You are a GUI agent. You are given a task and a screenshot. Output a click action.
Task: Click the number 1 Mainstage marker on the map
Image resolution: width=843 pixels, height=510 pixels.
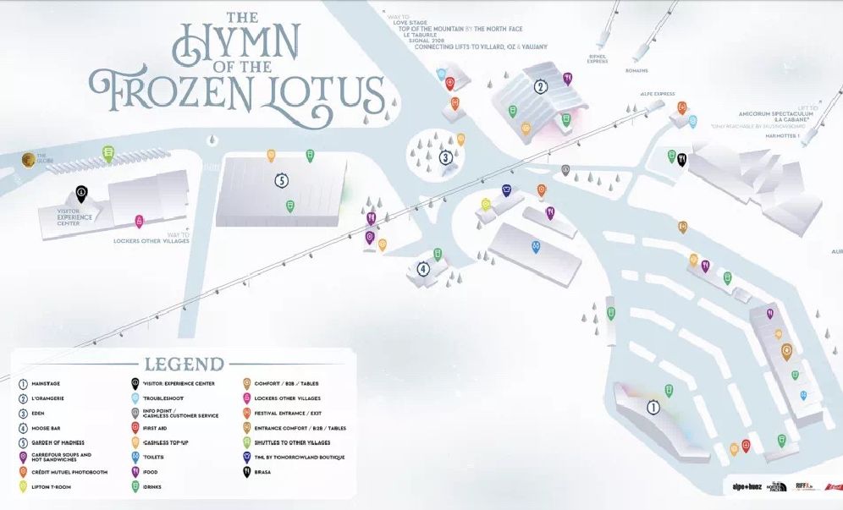coord(653,408)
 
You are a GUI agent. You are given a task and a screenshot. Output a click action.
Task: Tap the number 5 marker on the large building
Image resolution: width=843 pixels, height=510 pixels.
coord(282,180)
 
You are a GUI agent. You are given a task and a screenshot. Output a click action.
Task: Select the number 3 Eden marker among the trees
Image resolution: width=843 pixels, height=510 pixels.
coord(445,156)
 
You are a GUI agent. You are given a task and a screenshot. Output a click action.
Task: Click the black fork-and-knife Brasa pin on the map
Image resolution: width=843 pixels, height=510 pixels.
coord(681,158)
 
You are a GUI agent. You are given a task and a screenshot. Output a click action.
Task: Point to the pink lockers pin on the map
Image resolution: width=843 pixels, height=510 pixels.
coord(139,222)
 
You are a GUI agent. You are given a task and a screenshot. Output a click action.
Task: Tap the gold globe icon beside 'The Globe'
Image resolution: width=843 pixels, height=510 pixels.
coord(27,157)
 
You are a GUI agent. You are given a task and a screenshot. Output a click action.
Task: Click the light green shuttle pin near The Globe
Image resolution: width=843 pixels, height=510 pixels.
coord(108,153)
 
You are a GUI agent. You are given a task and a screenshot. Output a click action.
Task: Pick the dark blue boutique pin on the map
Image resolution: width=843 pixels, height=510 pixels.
coord(506,190)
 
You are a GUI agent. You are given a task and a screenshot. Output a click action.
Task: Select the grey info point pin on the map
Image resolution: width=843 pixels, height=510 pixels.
coord(565,170)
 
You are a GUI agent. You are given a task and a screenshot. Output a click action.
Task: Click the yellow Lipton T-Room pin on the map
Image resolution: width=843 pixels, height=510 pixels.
coord(486,204)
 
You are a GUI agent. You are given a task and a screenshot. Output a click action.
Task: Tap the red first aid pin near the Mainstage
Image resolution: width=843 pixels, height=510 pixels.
coord(746,445)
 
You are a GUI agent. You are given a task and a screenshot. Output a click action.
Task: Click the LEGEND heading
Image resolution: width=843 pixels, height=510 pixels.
coord(184,365)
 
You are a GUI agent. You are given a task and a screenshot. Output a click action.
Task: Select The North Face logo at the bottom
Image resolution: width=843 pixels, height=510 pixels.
coord(778,487)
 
